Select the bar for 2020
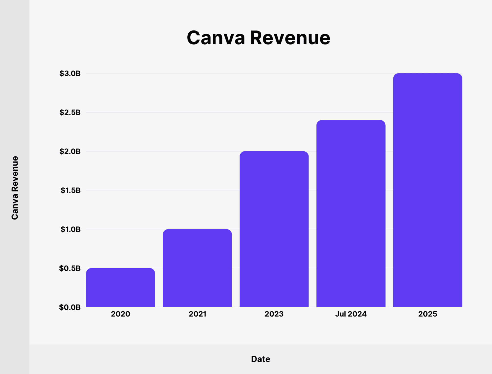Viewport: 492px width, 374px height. (120, 287)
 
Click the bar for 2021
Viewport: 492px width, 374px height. (197, 268)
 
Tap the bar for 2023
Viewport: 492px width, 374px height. (274, 229)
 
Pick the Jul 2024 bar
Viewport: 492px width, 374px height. (351, 213)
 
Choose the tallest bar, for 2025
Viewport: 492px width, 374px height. (427, 190)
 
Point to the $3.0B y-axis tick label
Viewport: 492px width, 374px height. (70, 73)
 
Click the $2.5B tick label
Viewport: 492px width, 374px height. (70, 112)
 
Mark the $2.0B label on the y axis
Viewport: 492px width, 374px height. (70, 151)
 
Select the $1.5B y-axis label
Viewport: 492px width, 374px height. (70, 190)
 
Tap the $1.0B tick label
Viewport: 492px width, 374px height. (70, 229)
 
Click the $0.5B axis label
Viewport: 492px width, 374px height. (70, 268)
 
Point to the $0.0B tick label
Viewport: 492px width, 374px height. (70, 307)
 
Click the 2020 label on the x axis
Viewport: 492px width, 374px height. (120, 314)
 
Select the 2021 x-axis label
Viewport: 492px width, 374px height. (197, 314)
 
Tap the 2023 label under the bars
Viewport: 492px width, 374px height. (274, 314)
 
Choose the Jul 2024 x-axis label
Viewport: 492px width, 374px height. (351, 314)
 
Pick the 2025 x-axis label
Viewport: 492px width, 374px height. (427, 314)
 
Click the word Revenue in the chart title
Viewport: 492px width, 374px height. (290, 38)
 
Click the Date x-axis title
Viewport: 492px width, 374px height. (260, 359)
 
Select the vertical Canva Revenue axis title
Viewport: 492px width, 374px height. (15, 188)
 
